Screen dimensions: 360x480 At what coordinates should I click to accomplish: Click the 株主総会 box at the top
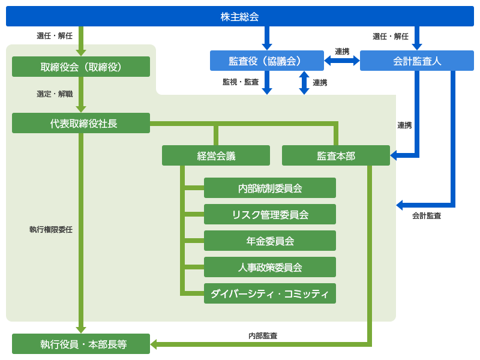pos(240,17)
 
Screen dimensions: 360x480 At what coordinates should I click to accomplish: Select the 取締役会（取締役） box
pos(81,67)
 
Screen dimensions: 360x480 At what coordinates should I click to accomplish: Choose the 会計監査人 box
pos(417,61)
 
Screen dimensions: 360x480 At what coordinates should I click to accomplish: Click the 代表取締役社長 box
pos(81,123)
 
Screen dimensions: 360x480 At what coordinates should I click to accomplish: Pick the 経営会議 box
pos(216,155)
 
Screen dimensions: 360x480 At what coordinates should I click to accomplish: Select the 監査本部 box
pos(336,155)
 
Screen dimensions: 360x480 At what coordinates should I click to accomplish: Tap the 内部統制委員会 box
pos(270,188)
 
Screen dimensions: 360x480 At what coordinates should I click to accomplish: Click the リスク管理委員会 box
pos(270,214)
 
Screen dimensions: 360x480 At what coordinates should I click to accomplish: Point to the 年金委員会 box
pos(270,241)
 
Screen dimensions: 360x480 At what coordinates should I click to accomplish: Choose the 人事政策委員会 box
pos(270,267)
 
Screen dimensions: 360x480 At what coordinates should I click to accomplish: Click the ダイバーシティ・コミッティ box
pos(270,293)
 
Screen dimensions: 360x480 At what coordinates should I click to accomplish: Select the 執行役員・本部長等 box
pos(81,344)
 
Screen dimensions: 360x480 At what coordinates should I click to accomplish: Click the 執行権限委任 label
pos(51,229)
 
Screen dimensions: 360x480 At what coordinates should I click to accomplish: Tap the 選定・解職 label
pos(55,94)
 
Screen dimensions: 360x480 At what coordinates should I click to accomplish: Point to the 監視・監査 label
pos(241,82)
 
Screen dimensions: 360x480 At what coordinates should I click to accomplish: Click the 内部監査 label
pos(263,335)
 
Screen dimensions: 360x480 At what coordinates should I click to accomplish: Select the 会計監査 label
pos(427,215)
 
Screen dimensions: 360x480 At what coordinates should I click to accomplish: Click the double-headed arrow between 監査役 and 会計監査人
pos(342,61)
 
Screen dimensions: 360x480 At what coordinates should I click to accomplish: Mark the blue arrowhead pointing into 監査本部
pos(394,155)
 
